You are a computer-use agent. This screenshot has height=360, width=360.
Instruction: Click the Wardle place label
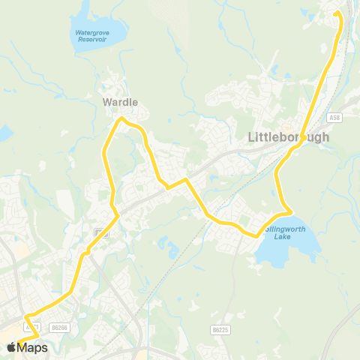pyautogui.click(x=120, y=102)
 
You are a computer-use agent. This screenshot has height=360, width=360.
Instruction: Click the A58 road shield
pyautogui.click(x=334, y=117)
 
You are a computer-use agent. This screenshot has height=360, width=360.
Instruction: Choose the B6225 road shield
pyautogui.click(x=219, y=329)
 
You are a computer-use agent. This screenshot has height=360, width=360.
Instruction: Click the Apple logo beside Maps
pyautogui.click(x=11, y=347)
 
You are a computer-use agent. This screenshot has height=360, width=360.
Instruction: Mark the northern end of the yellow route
pyautogui.click(x=336, y=13)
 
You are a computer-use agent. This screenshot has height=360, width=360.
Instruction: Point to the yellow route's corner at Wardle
pyautogui.click(x=123, y=118)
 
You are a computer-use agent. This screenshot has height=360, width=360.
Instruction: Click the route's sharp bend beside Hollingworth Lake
pyautogui.click(x=291, y=213)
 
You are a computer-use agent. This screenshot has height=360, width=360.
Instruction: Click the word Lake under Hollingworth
pyautogui.click(x=282, y=236)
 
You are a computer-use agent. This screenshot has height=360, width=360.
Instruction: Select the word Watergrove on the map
pyautogui.click(x=91, y=32)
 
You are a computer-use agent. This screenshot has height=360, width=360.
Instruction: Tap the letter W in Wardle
pyautogui.click(x=106, y=102)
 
